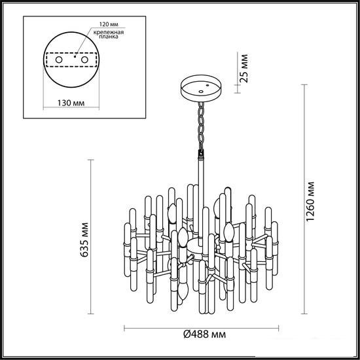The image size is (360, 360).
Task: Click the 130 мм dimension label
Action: pyautogui.click(x=71, y=103)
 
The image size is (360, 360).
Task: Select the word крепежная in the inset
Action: pyautogui.click(x=109, y=32)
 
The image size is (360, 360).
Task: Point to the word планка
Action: pyautogui.click(x=109, y=37)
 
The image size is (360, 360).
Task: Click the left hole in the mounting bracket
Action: pyautogui.click(x=59, y=60)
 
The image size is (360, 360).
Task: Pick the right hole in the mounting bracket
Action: pyautogui.click(x=84, y=60)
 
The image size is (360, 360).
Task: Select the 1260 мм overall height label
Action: pyautogui.click(x=310, y=202)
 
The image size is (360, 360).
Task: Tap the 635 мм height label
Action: pyautogui.click(x=84, y=240)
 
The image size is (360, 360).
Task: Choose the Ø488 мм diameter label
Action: pyautogui.click(x=205, y=334)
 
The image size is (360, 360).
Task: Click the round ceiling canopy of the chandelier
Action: pyautogui.click(x=201, y=88)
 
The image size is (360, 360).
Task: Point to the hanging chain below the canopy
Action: pyautogui.click(x=201, y=126)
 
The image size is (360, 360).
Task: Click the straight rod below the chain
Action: pyautogui.click(x=201, y=202)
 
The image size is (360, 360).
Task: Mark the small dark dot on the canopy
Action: pyautogui.click(x=207, y=85)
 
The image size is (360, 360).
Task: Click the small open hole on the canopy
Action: pyautogui.click(x=201, y=92)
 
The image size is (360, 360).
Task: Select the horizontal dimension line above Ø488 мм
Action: pyautogui.click(x=202, y=328)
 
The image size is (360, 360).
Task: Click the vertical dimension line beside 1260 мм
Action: pyautogui.click(x=304, y=199)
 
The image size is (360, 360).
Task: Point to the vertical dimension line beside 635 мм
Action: pyautogui.click(x=91, y=237)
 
